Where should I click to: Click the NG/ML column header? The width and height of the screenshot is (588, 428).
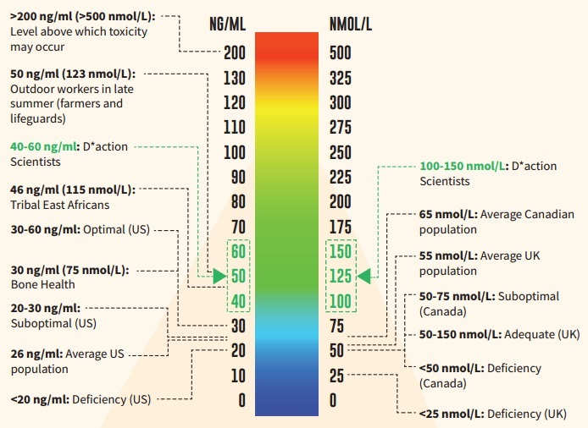pos(227,24)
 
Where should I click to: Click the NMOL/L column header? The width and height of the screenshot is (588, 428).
pos(351,24)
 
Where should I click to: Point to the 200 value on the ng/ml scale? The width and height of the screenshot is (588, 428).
pos(234,53)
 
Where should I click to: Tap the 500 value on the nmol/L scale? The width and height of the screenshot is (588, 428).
pos(341,53)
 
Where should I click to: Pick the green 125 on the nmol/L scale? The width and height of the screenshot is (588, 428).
pos(341,277)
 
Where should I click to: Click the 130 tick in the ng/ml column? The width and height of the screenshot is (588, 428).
pos(234,79)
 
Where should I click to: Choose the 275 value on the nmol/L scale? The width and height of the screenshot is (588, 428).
pos(341,128)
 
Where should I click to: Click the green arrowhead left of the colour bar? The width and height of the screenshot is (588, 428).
pos(219,277)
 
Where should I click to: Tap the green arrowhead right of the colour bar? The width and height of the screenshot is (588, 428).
pos(364,275)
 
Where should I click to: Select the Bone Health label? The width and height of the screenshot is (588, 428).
pos(42,284)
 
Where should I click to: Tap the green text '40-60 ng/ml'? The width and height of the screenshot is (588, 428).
pos(44,146)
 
